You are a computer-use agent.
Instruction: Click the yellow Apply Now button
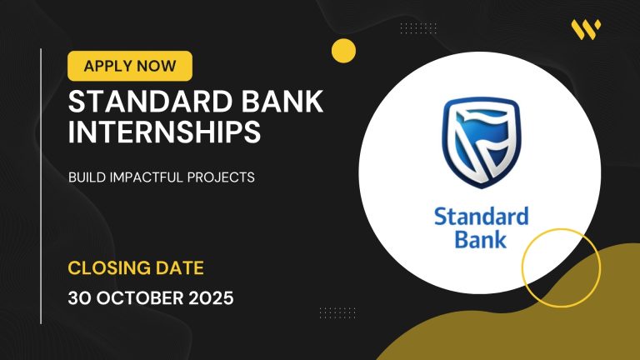click(x=129, y=66)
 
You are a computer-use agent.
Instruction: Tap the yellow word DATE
click(x=180, y=268)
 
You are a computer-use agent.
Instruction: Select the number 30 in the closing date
click(x=81, y=297)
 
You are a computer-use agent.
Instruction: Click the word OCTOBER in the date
click(x=142, y=297)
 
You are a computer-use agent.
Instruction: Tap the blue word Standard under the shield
click(x=481, y=217)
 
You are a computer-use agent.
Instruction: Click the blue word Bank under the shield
click(x=481, y=241)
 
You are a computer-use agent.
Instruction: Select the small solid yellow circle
click(x=343, y=51)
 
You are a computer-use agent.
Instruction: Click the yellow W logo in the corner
click(x=586, y=30)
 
